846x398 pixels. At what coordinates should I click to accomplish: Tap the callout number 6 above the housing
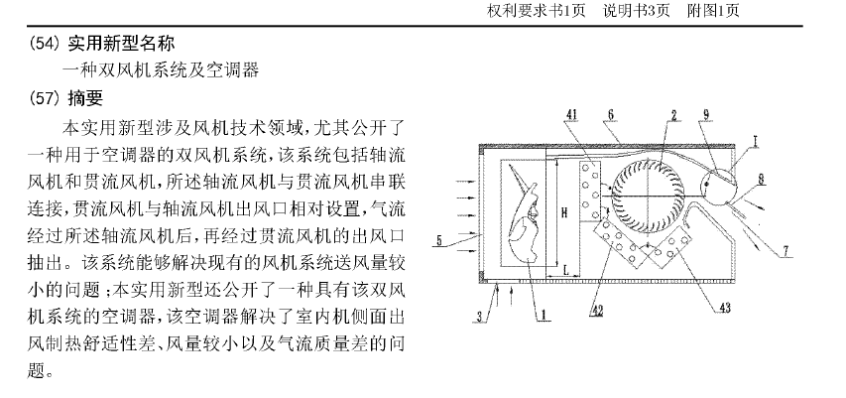coord(612,116)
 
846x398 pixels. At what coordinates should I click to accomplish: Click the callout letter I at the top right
coord(756,143)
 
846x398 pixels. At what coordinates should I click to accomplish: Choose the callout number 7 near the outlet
coord(786,253)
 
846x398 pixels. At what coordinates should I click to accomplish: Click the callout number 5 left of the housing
coord(437,238)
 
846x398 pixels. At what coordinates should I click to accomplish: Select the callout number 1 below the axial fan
coord(544,318)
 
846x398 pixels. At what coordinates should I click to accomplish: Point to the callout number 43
coord(725,309)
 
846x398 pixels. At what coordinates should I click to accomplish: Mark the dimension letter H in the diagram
coord(563,210)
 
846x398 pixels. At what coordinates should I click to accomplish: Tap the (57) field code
coord(44,99)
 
